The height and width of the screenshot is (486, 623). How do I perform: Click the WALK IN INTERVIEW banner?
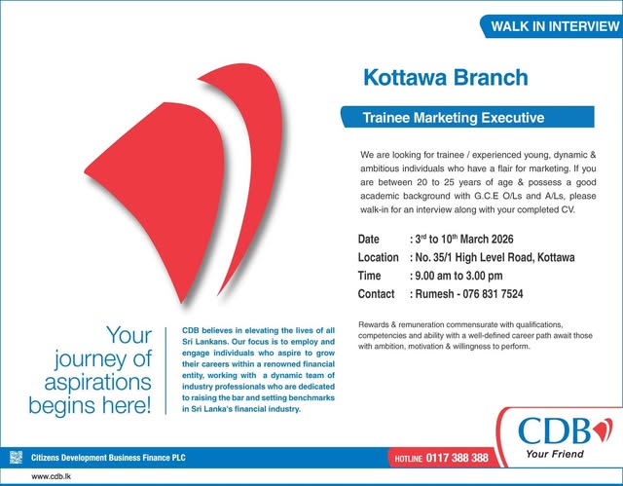(x=550, y=26)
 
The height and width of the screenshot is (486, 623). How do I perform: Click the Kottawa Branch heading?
(x=445, y=77)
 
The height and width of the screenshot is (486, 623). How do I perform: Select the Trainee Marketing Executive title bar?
(x=453, y=118)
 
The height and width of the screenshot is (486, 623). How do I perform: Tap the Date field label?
(x=369, y=239)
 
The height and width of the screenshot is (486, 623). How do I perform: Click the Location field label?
(x=378, y=257)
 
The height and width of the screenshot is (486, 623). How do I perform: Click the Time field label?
(x=370, y=276)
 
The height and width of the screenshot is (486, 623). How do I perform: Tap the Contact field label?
(x=377, y=293)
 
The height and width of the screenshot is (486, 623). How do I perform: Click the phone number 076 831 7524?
(x=492, y=293)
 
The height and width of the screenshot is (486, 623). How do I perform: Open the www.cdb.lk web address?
(x=55, y=476)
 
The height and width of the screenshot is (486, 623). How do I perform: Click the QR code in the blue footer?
(x=15, y=456)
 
